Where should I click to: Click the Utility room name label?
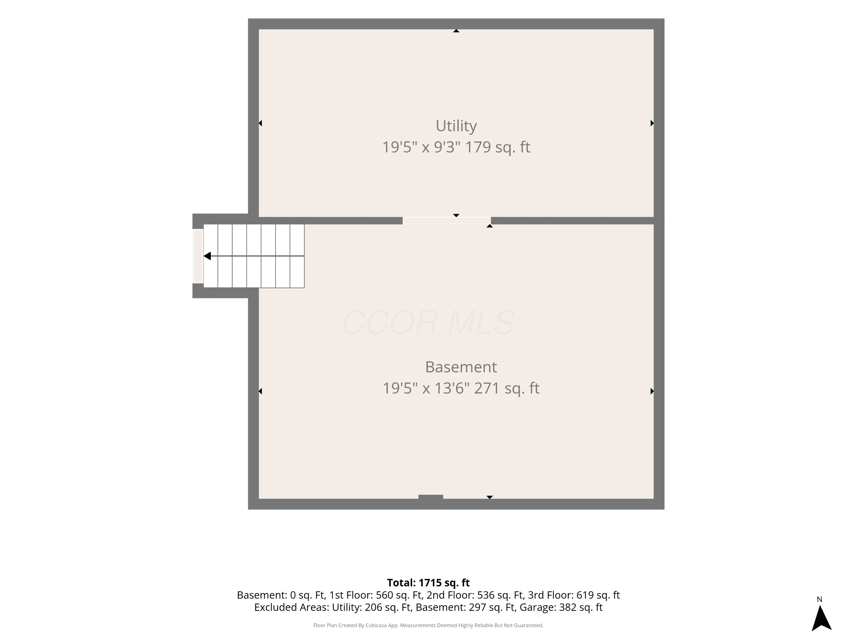coord(456,126)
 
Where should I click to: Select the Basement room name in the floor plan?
coord(461,367)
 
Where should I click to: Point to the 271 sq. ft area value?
coord(506,388)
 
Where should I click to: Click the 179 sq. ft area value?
coord(497,147)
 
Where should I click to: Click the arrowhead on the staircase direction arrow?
coord(207,256)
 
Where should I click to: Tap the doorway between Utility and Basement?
coord(447,221)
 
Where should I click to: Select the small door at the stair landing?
coord(198,256)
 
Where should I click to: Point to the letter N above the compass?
coord(819,599)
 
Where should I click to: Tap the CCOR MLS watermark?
coord(428,322)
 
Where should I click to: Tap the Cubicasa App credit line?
coord(428,625)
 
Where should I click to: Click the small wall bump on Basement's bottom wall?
coord(431,497)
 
